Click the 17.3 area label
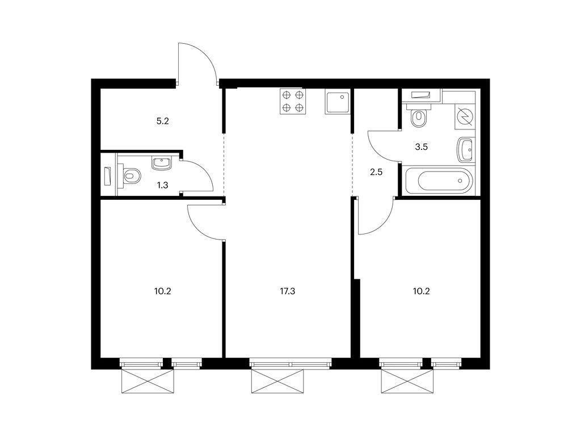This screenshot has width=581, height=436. [x=288, y=291]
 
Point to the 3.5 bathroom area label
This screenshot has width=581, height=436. [x=422, y=146]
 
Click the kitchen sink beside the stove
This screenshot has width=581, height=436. [x=338, y=101]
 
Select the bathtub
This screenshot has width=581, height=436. [x=437, y=181]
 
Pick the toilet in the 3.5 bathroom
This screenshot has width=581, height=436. [x=419, y=118]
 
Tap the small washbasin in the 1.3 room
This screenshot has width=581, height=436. [x=161, y=163]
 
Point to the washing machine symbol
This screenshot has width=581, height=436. [x=466, y=116]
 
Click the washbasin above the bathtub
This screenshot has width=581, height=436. [x=465, y=150]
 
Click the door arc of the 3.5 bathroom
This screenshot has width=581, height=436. [x=381, y=146]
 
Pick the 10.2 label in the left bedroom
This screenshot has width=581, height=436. [x=162, y=291]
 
